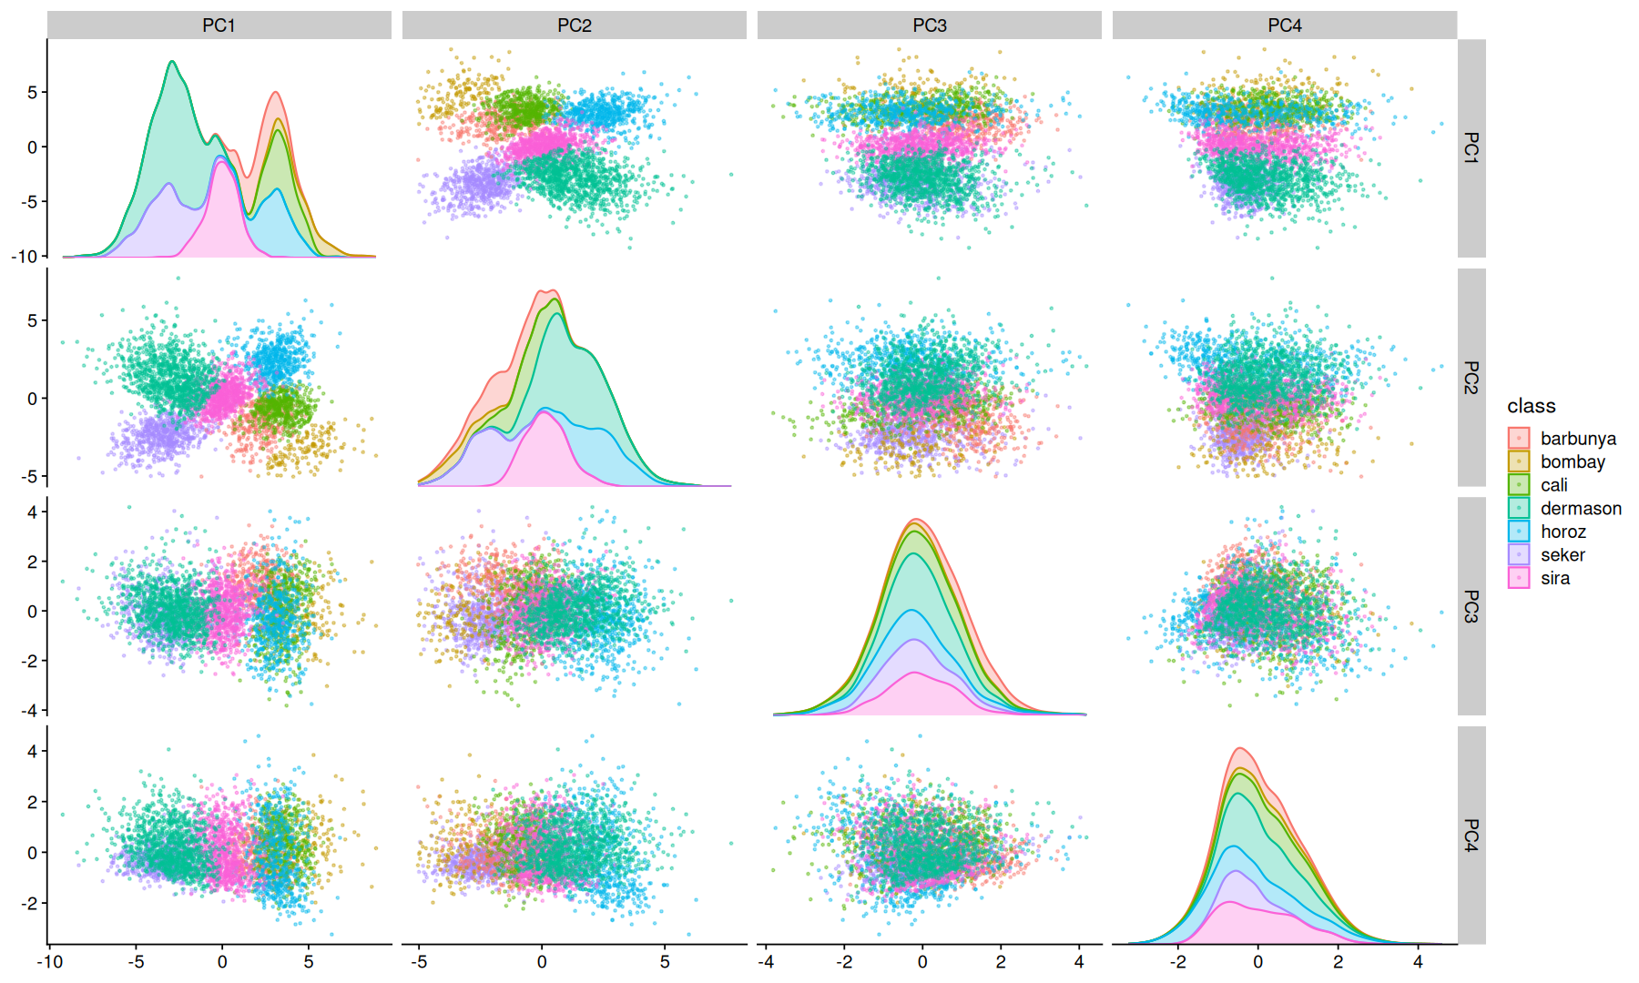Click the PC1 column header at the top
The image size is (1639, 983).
[x=219, y=25]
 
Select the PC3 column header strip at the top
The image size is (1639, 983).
[x=930, y=25]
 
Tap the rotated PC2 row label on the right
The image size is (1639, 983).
[x=1471, y=377]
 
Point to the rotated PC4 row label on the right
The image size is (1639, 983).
[x=1471, y=835]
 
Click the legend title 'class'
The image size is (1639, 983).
[x=1532, y=406]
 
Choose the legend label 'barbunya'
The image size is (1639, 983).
[x=1578, y=439]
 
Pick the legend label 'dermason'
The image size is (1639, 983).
[x=1581, y=509]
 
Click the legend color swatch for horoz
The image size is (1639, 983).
[x=1519, y=532]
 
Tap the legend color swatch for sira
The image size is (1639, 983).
[x=1519, y=578]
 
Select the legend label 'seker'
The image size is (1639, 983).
[x=1563, y=555]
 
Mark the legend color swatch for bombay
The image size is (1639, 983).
[x=1519, y=461]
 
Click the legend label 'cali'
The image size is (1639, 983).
[x=1553, y=485]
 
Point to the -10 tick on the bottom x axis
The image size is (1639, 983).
[x=49, y=962]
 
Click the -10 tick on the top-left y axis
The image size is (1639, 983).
[x=25, y=257]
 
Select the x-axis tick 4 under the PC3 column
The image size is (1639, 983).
[x=1079, y=962]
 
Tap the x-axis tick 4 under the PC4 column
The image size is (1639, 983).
[x=1418, y=962]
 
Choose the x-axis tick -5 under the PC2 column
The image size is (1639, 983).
[x=419, y=962]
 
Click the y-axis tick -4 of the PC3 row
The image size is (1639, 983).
[x=30, y=711]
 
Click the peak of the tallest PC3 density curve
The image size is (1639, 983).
[x=918, y=520]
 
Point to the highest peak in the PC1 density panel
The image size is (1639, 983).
[x=172, y=61]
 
